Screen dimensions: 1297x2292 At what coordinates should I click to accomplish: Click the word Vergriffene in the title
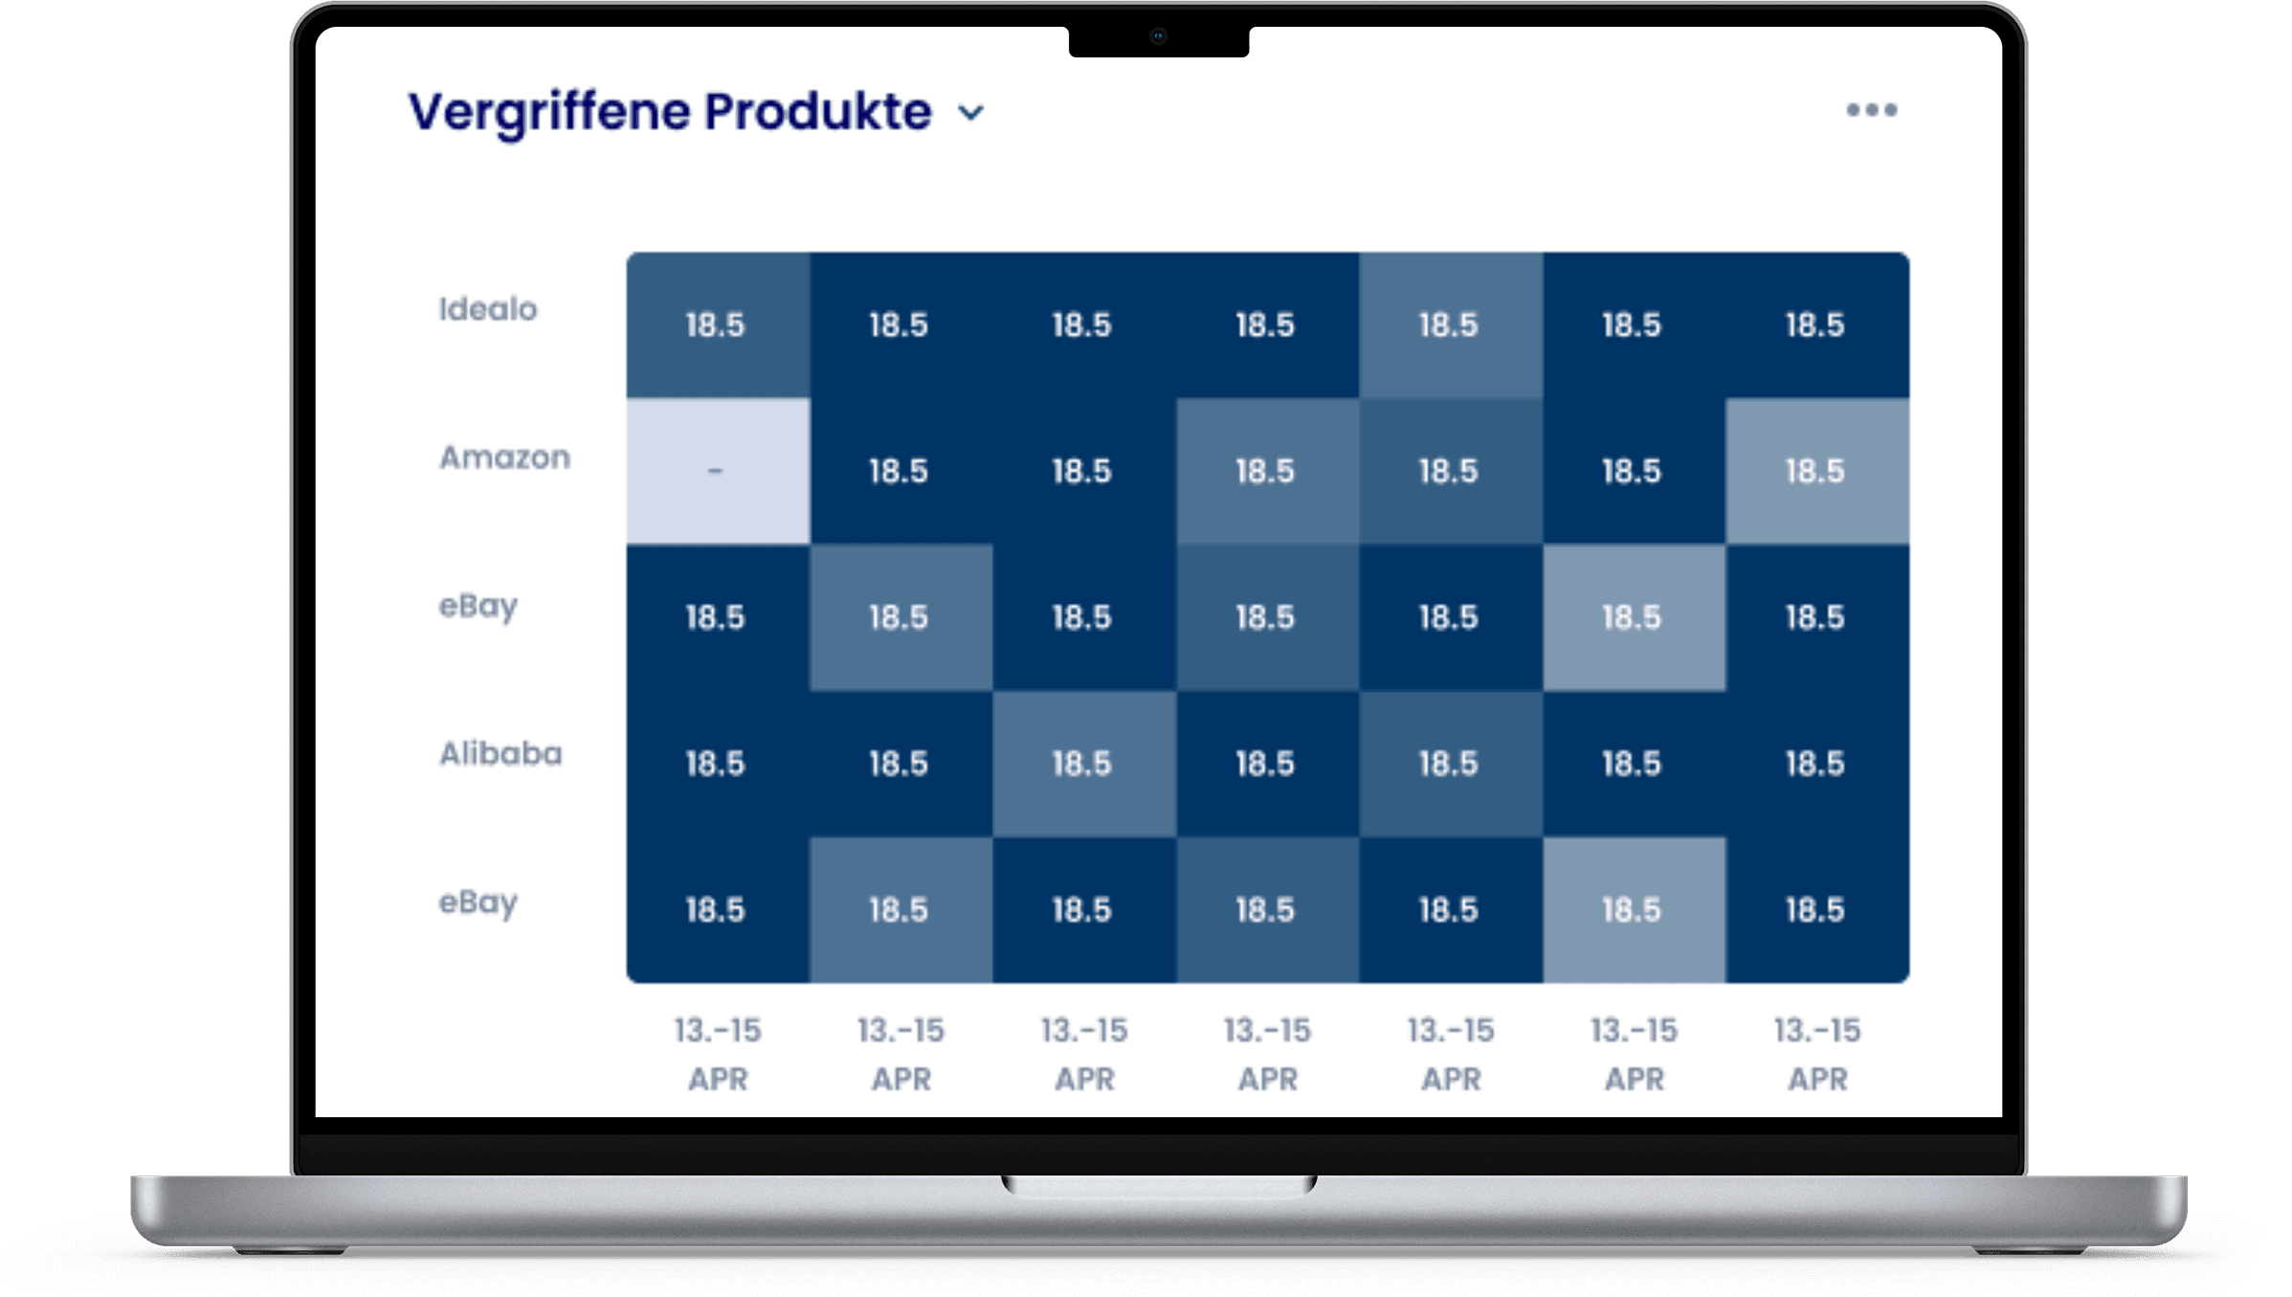coord(550,113)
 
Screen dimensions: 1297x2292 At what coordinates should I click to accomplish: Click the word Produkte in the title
coord(818,112)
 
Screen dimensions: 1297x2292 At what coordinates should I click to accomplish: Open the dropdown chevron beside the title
coord(971,113)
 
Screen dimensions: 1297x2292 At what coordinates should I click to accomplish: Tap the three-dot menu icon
coord(1871,110)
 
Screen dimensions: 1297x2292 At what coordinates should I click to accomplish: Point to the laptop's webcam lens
coord(1158,36)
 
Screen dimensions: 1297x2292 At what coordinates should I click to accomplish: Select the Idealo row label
coord(488,309)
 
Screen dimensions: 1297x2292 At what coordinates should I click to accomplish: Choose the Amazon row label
coord(504,458)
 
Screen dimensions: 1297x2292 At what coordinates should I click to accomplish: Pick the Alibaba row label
coord(501,754)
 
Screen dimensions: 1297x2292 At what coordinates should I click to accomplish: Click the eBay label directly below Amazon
coord(478,606)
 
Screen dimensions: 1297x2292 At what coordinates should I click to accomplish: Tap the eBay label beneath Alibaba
coord(478,903)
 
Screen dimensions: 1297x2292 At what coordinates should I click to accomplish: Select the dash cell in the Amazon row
coord(717,471)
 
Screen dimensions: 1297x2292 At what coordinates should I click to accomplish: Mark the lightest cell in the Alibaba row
coord(1083,764)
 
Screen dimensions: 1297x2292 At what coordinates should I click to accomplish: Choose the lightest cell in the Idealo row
coord(1450,325)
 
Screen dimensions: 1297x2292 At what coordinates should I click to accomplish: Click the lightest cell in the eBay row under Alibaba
coord(1633,909)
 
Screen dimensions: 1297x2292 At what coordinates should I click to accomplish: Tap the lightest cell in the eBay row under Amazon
coord(1633,617)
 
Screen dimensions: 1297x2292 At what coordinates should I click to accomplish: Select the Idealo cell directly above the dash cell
coord(717,325)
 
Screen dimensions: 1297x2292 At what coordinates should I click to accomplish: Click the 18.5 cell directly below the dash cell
coord(717,617)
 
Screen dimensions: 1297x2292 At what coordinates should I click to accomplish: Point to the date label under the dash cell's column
coord(717,1054)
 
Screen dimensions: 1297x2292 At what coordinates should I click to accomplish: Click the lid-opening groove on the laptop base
coord(1158,1186)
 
